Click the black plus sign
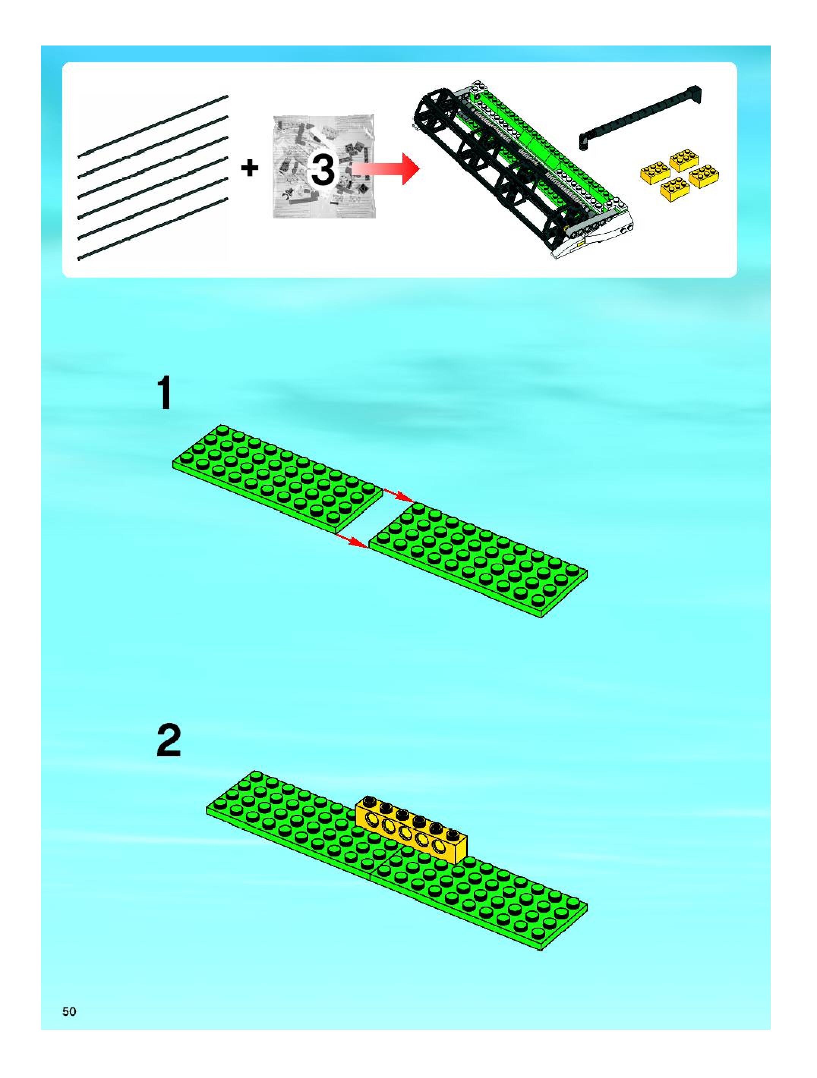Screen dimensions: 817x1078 click(249, 169)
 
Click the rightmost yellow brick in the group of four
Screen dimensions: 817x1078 click(704, 176)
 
